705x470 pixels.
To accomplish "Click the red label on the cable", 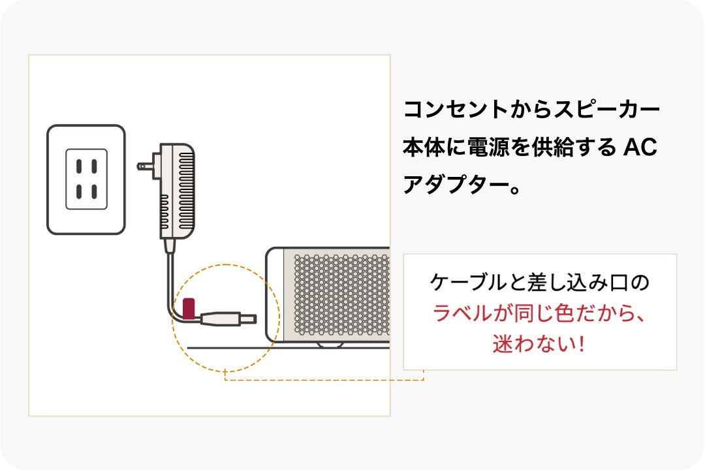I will (189, 308).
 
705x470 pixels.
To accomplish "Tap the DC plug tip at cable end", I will (249, 319).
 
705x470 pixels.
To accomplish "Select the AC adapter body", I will (177, 190).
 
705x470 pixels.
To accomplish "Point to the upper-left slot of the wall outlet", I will (79, 165).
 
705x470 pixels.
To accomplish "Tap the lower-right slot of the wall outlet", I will (95, 192).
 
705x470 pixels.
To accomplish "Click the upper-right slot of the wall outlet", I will (95, 165).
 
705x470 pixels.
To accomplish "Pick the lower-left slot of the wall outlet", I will (79, 192).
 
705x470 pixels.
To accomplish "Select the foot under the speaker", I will (330, 344).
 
